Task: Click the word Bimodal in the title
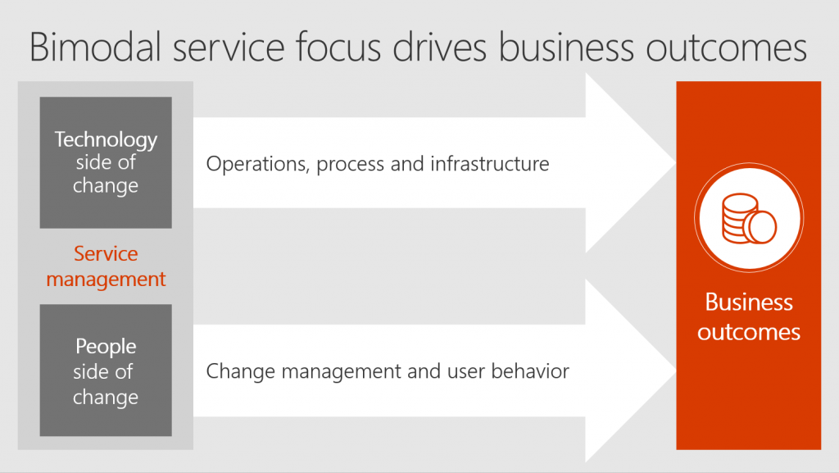[x=95, y=47]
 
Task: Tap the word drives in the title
[x=439, y=47]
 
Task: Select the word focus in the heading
[x=338, y=47]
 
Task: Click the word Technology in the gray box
[x=106, y=139]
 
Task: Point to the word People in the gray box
[x=106, y=347]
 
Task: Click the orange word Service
[x=106, y=253]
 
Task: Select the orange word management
[x=106, y=280]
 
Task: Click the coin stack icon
[x=749, y=218]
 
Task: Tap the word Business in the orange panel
[x=749, y=302]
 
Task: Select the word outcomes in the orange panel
[x=749, y=332]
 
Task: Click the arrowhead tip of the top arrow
[x=675, y=162]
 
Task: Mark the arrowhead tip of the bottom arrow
[x=675, y=371]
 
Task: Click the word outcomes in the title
[x=727, y=47]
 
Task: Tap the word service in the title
[x=229, y=47]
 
